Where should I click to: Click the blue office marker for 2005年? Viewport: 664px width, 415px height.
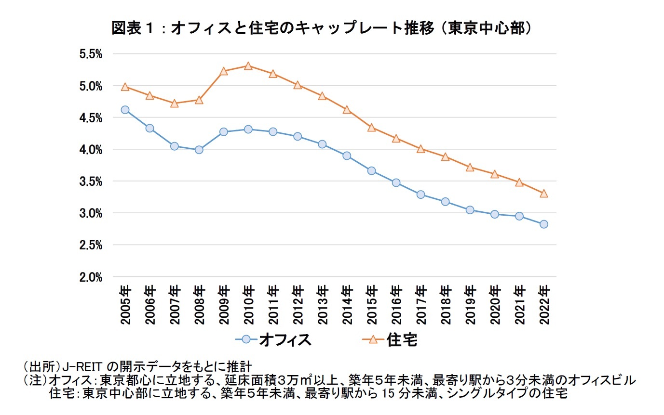click(125, 110)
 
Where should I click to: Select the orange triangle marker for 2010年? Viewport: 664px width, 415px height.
click(248, 66)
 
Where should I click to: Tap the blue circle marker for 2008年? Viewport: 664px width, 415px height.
click(199, 150)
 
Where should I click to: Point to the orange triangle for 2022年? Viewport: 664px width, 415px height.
click(544, 194)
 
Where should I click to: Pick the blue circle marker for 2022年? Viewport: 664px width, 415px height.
click(544, 224)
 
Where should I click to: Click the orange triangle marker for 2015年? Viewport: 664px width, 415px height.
click(371, 128)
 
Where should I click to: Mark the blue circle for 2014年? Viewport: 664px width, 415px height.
click(347, 156)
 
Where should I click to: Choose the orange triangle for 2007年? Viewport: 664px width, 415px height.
click(174, 103)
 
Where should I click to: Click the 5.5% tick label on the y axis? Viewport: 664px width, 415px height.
click(91, 54)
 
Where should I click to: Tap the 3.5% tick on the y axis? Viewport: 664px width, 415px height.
click(91, 182)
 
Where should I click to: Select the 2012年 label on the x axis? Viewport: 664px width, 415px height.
click(298, 304)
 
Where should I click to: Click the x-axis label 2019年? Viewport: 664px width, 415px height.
click(470, 304)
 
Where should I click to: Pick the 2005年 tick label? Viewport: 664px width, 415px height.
click(125, 304)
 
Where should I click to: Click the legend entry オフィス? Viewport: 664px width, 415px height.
click(285, 339)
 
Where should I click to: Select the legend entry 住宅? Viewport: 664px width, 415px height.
click(401, 339)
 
